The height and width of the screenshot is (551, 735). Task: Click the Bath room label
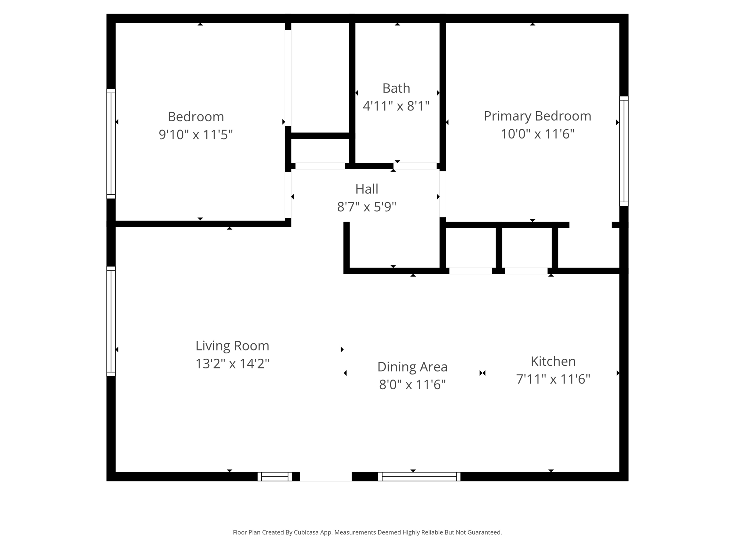396,88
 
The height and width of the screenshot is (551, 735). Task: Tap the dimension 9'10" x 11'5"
196,135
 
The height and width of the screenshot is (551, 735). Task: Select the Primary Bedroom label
537,116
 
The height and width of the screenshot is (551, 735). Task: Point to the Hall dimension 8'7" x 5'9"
366,207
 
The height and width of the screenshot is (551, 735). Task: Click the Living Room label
232,346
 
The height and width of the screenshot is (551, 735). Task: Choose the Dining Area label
412,367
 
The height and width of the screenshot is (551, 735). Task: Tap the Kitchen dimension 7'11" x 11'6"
553,379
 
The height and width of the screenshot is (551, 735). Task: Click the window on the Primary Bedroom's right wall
624,151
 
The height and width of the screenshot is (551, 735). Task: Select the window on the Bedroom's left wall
111,143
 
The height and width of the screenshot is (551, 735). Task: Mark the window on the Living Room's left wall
111,321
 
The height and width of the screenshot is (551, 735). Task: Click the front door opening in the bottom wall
326,476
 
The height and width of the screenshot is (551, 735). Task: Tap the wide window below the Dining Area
419,476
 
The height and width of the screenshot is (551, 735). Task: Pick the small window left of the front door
275,476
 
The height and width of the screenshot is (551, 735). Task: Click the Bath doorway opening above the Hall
415,166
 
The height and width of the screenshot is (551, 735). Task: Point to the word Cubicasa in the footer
306,532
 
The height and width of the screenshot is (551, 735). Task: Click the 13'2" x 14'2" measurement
232,364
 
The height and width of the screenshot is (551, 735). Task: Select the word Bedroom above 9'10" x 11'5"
196,117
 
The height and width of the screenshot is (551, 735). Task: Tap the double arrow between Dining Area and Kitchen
482,373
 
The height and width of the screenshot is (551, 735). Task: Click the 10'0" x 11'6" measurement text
537,134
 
